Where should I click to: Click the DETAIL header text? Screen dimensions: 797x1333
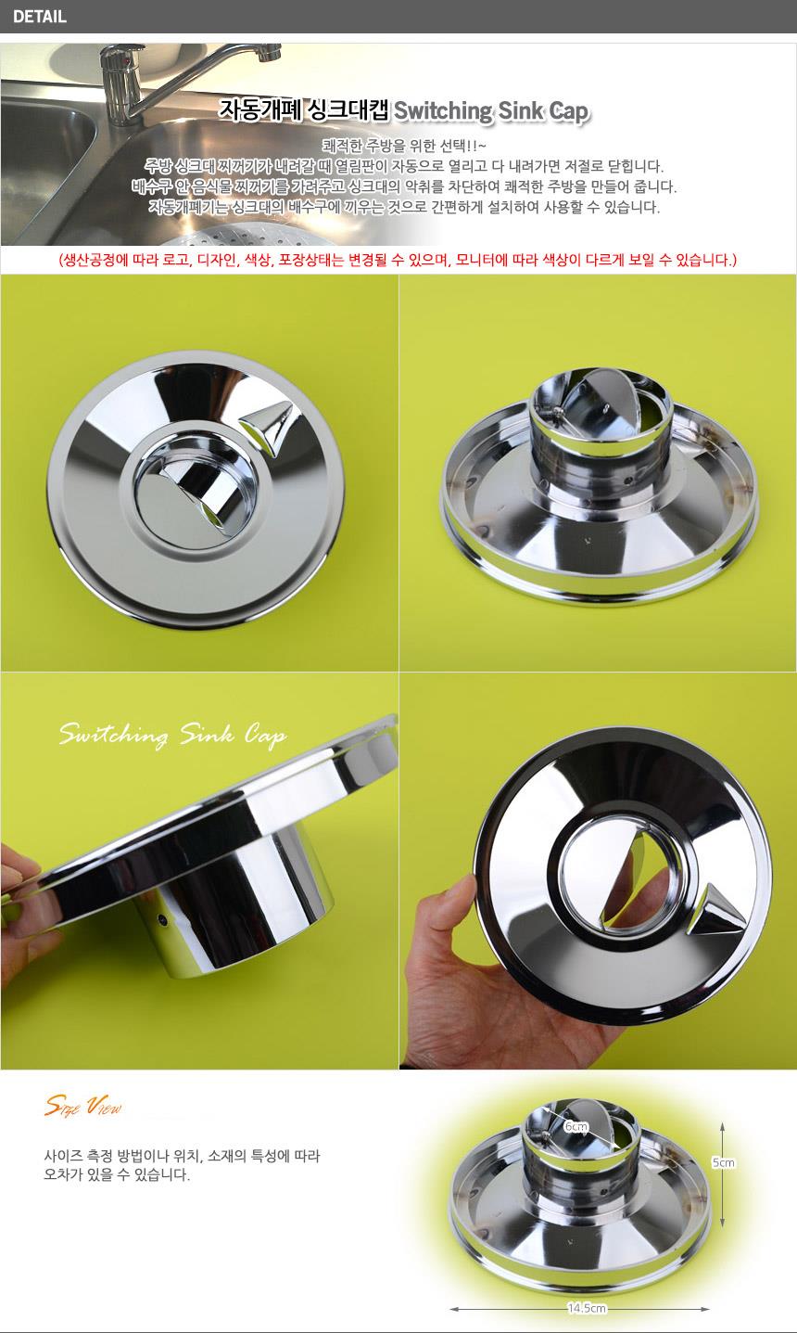click(x=39, y=17)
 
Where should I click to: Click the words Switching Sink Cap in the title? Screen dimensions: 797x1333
click(x=492, y=111)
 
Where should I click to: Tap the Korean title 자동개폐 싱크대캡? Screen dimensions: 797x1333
click(x=304, y=110)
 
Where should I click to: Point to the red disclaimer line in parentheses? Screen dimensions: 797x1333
click(x=398, y=260)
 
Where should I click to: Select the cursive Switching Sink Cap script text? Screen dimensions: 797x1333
click(x=172, y=736)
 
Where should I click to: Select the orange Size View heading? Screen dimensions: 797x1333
click(x=83, y=1107)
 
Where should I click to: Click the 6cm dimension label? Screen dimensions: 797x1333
click(x=576, y=1126)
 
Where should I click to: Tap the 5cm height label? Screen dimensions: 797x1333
click(x=723, y=1162)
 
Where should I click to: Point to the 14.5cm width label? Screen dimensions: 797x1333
click(x=587, y=1308)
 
